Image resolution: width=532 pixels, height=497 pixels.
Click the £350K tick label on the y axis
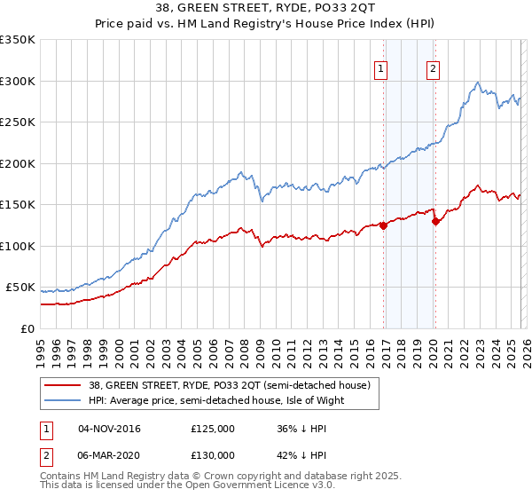pyautogui.click(x=17, y=40)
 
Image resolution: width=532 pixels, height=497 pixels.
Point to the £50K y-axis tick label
pyautogui.click(x=20, y=288)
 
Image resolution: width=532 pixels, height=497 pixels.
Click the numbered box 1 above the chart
pyautogui.click(x=380, y=68)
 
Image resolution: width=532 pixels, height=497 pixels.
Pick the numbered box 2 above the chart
pyautogui.click(x=433, y=68)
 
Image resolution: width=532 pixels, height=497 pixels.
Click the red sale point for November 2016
pyautogui.click(x=383, y=225)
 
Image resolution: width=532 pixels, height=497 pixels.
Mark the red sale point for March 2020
pyautogui.click(x=435, y=222)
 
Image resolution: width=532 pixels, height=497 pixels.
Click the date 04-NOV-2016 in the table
pyautogui.click(x=109, y=429)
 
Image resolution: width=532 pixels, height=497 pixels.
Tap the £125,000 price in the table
pyautogui.click(x=213, y=429)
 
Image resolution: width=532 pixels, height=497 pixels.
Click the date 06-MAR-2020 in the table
pyautogui.click(x=109, y=455)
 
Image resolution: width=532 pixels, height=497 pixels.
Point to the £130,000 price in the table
pyautogui.click(x=213, y=455)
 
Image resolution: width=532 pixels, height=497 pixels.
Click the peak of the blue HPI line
pyautogui.click(x=478, y=83)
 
